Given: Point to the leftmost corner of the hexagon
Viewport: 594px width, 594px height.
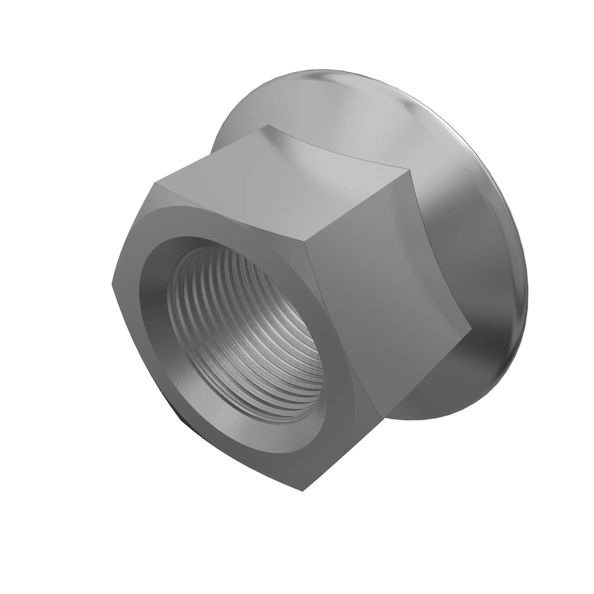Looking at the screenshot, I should pos(111,285).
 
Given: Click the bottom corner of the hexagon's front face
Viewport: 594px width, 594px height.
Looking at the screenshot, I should pos(303,491).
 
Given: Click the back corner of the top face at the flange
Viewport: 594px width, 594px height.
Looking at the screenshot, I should pos(268,125).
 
